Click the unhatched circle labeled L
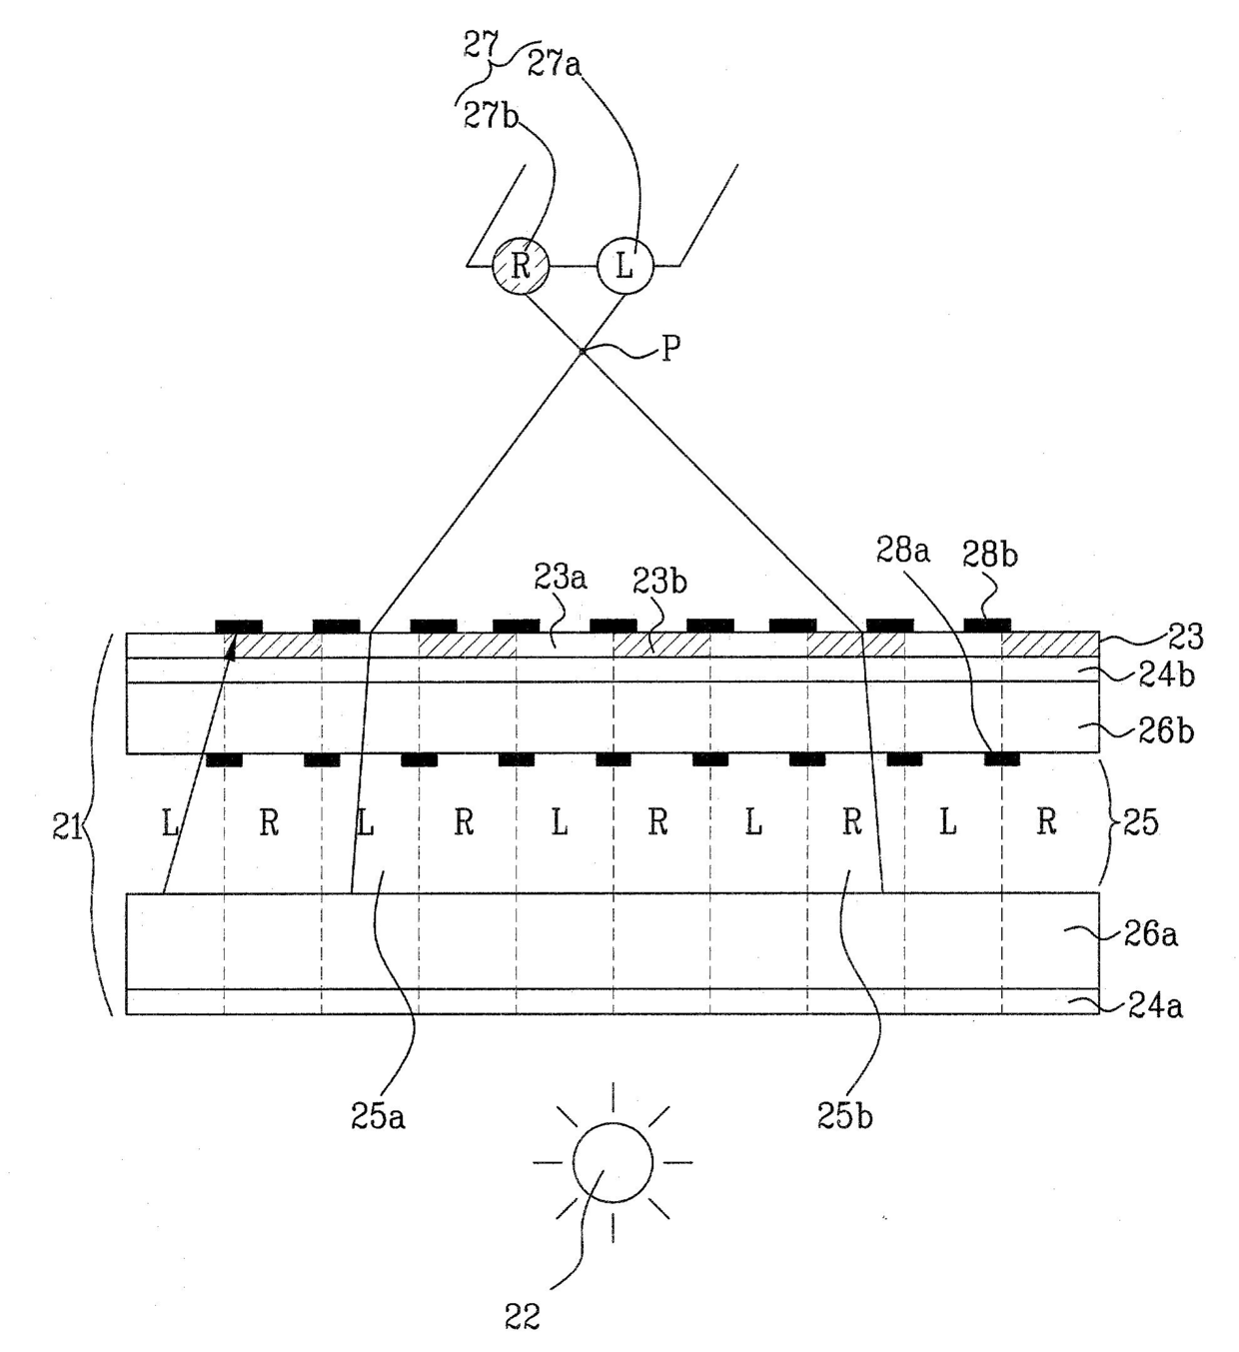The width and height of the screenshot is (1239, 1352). tap(624, 266)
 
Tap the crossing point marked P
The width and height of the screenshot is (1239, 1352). tap(582, 351)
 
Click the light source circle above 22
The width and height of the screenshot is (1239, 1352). tap(613, 1162)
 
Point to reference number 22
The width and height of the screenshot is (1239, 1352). tap(522, 1317)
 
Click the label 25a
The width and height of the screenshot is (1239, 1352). tap(378, 1116)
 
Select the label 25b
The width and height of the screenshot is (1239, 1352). tap(844, 1116)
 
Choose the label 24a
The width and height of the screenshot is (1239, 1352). tap(1155, 1004)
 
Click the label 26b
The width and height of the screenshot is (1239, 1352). tap(1167, 731)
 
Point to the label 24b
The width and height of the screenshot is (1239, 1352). tap(1166, 676)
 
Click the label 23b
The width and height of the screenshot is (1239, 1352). tap(659, 582)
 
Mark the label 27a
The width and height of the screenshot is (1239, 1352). tap(555, 65)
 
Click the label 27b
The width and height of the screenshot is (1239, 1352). tap(491, 115)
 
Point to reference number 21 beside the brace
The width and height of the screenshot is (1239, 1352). tap(67, 827)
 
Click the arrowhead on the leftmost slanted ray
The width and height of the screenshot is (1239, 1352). tap(232, 650)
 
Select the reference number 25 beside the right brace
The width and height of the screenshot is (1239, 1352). tap(1141, 821)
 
